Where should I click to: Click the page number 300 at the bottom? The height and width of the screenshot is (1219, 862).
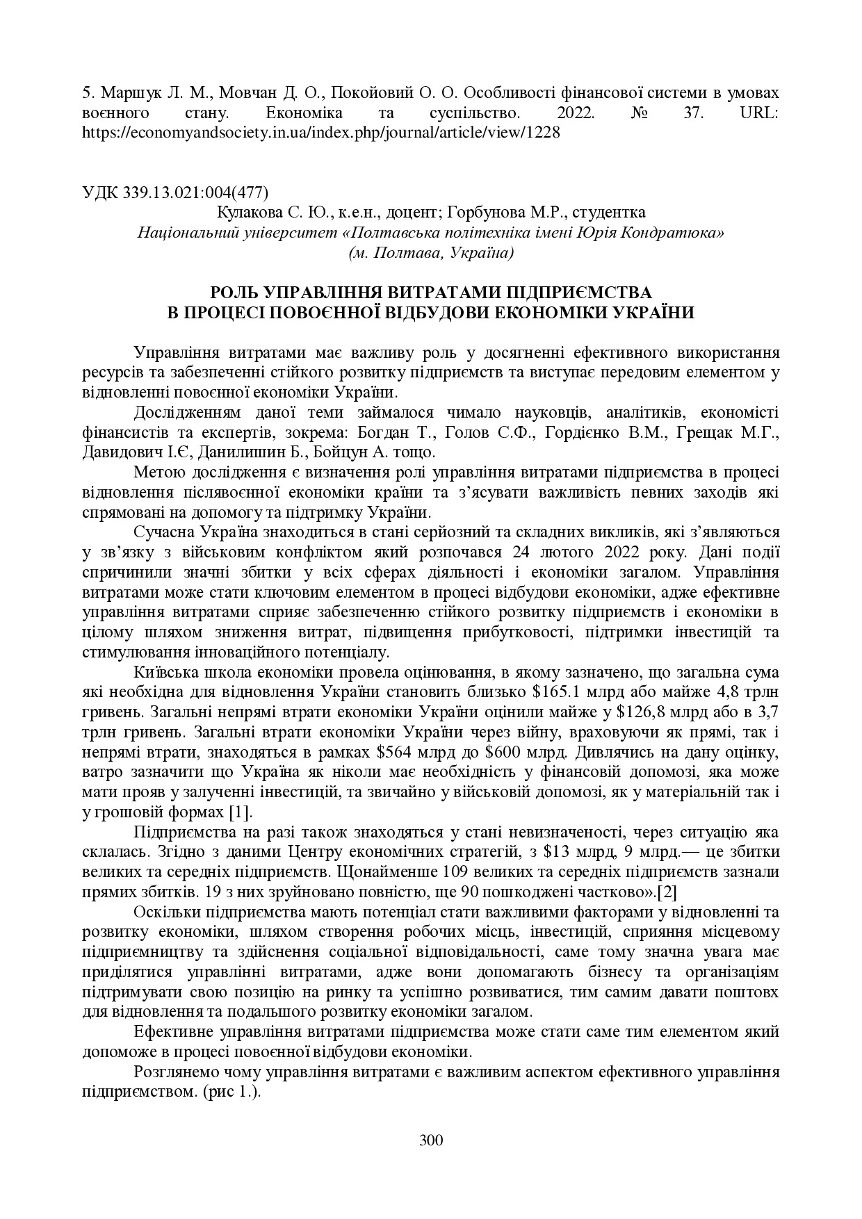(431, 1140)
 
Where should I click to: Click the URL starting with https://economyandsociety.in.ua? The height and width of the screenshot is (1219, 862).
(320, 132)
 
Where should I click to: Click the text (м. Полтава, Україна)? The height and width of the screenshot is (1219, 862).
(431, 252)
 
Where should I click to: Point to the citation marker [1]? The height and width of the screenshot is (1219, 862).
(241, 812)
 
